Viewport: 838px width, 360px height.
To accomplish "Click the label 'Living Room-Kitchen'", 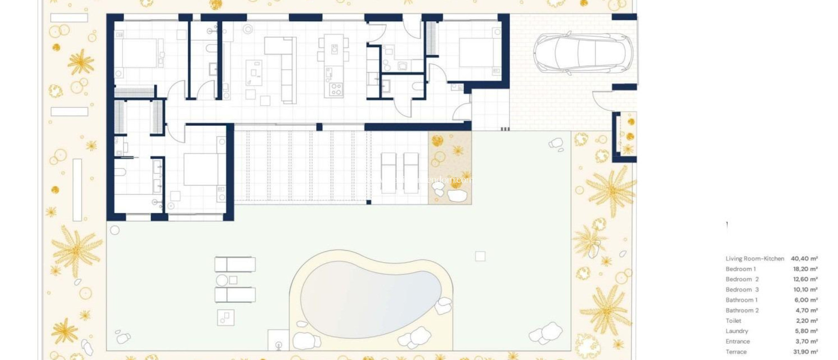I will (755, 259).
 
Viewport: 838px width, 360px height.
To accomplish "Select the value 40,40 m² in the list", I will (804, 259).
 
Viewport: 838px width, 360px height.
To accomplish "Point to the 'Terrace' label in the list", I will (736, 352).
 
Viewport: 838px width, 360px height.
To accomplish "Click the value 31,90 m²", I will (805, 352).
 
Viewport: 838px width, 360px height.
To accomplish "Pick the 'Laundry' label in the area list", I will (737, 331).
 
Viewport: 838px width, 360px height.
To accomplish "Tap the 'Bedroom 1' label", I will (740, 269).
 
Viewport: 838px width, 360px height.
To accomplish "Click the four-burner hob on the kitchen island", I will (336, 89).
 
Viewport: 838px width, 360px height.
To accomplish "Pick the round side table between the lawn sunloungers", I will (222, 280).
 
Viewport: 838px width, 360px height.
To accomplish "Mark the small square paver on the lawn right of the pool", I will (480, 256).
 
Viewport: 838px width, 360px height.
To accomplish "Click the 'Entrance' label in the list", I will (737, 341).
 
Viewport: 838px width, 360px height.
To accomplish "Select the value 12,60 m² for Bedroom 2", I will (805, 279).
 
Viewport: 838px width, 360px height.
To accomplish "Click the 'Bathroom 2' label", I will (742, 310).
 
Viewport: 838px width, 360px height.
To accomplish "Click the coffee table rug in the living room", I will (254, 73).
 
